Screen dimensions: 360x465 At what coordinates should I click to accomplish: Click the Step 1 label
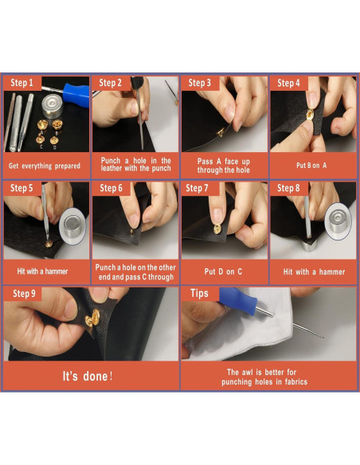[22, 83]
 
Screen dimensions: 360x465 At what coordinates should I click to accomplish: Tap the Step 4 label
[288, 83]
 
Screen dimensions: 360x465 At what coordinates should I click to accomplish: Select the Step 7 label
[197, 188]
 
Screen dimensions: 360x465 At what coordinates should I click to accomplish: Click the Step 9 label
[24, 294]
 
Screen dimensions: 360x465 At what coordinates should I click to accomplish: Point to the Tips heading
[199, 293]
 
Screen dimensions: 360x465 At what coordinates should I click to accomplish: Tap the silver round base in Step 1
[53, 106]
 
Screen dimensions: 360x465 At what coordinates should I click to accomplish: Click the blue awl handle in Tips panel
[239, 301]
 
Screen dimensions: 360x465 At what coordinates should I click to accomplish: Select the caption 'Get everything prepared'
[45, 166]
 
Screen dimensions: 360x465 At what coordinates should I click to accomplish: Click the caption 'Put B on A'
[311, 166]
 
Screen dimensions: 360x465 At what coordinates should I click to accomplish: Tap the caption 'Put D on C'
[223, 272]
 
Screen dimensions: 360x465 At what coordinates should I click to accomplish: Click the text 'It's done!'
[88, 377]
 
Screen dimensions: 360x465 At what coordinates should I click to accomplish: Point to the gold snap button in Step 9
[92, 318]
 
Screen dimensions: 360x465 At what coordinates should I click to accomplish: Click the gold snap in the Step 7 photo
[217, 229]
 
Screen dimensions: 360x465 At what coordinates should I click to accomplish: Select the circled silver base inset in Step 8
[338, 221]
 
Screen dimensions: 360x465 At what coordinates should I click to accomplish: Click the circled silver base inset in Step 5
[72, 226]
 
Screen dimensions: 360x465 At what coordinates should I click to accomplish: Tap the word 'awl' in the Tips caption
[248, 372]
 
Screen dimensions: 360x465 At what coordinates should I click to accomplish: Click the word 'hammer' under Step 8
[332, 272]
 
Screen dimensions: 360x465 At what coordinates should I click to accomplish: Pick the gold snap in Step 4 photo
[310, 114]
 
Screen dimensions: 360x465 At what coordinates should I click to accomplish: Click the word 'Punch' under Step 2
[111, 161]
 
